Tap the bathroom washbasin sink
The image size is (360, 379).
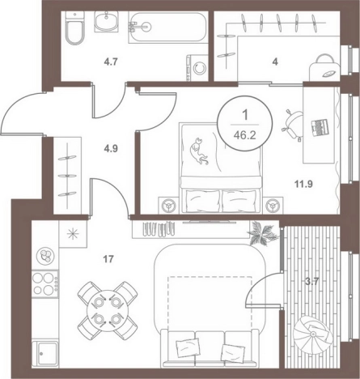point(106,22)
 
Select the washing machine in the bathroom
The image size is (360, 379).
point(197,68)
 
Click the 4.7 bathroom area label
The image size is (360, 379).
point(111,62)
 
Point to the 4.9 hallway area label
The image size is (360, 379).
point(111,148)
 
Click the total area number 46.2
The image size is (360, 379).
point(245,135)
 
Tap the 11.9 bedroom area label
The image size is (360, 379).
point(303,185)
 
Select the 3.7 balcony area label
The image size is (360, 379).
point(312,282)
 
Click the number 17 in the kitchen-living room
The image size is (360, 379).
point(108,259)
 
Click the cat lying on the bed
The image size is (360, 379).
point(199,151)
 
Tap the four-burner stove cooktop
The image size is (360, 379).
point(45,283)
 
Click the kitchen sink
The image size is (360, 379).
point(45,353)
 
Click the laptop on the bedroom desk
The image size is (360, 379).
point(320,127)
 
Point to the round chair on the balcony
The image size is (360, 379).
point(311,334)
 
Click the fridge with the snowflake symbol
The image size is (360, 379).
point(73,233)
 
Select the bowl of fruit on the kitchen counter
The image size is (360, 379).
point(45,256)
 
